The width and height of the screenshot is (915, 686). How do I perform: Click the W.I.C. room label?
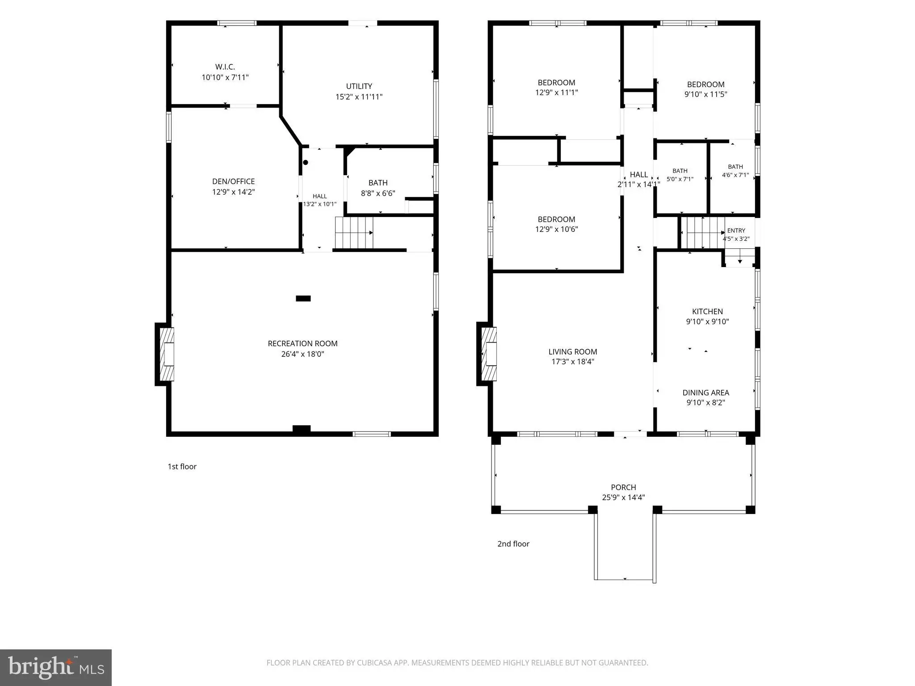(225, 67)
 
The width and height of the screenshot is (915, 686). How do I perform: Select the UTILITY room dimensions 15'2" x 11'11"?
(359, 97)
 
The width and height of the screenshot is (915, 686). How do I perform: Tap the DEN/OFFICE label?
(233, 181)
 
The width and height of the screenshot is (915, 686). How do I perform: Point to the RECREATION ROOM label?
(302, 343)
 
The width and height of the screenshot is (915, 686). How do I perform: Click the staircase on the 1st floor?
(354, 233)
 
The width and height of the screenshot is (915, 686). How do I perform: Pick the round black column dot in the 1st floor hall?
(306, 163)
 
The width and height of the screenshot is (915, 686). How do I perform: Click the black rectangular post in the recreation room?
(303, 298)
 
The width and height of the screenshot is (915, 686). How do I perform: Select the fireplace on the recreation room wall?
(164, 354)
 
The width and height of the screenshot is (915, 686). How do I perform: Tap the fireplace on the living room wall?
(487, 354)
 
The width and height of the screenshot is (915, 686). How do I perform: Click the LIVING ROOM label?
(573, 352)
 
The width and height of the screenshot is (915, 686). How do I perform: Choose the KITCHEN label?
(707, 312)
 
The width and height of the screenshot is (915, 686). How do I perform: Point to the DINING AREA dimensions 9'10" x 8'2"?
(706, 403)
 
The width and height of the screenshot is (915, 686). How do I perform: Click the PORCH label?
(623, 487)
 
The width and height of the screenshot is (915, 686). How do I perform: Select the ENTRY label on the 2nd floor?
(736, 230)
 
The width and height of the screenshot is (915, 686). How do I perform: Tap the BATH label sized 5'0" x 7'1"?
(680, 171)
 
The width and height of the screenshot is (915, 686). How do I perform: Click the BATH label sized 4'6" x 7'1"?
(735, 167)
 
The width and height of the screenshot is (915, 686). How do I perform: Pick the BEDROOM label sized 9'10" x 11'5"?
(706, 84)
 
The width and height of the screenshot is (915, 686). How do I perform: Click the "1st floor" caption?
(182, 467)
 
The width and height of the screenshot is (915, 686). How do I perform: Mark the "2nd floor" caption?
(513, 544)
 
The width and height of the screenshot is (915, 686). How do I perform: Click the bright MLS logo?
(56, 668)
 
